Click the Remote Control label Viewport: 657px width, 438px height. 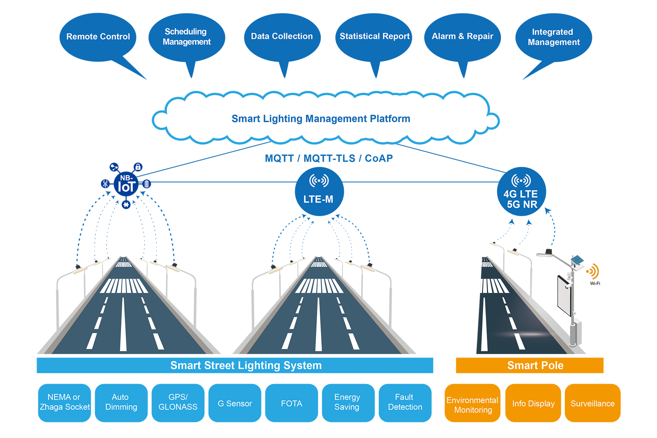click(98, 36)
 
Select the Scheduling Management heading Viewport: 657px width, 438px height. click(187, 37)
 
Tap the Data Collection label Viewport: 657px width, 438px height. click(282, 36)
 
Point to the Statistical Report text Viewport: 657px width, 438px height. click(374, 36)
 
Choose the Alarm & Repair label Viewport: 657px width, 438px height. click(462, 36)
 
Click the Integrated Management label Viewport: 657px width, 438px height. click(553, 37)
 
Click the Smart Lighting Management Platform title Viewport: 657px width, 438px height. click(321, 119)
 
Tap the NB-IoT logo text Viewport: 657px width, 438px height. click(126, 184)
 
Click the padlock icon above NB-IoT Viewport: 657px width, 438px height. click(138, 167)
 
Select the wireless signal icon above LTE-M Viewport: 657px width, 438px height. click(319, 181)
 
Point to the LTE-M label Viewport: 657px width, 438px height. click(318, 199)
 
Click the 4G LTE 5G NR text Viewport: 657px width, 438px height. click(521, 199)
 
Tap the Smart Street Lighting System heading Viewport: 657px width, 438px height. click(246, 365)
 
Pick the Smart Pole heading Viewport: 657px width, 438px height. click(535, 365)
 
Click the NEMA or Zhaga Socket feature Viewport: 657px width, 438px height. click(65, 402)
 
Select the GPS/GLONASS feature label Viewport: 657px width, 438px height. click(178, 402)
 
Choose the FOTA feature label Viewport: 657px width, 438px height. click(291, 404)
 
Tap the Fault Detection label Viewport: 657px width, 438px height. click(405, 402)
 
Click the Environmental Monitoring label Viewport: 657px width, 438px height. click(472, 405)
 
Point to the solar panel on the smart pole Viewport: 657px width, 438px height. click(577, 260)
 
